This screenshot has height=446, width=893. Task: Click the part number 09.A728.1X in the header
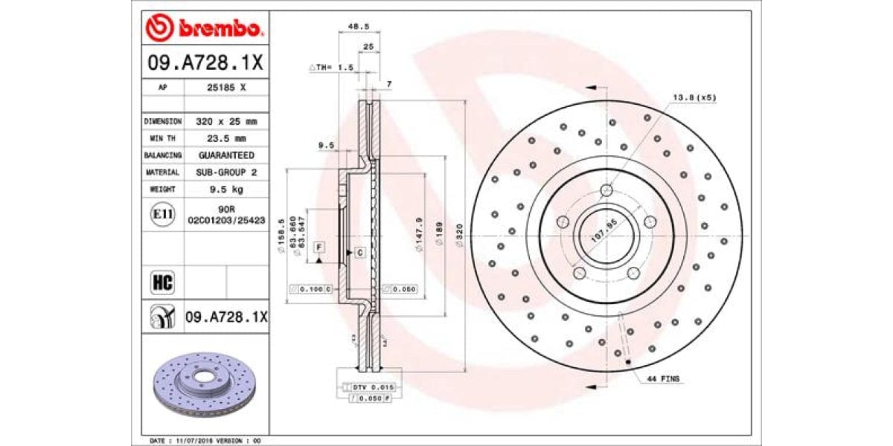205,62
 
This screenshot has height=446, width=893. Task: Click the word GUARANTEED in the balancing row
225,155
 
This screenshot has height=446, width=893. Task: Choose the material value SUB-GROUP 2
225,172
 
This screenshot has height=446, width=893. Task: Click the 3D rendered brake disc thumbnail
205,383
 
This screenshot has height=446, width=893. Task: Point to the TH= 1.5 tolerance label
331,67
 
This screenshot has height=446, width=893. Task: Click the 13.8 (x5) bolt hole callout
694,97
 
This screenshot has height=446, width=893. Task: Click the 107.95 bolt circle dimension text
604,233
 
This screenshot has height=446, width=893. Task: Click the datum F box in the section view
319,246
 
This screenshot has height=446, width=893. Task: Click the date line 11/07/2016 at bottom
205,440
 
